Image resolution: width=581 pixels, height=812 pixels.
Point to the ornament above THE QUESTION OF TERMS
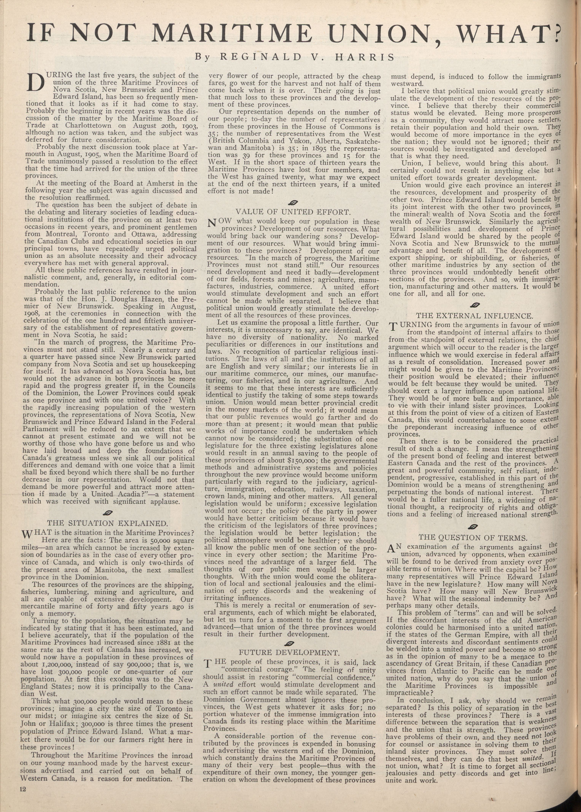[472, 526]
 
